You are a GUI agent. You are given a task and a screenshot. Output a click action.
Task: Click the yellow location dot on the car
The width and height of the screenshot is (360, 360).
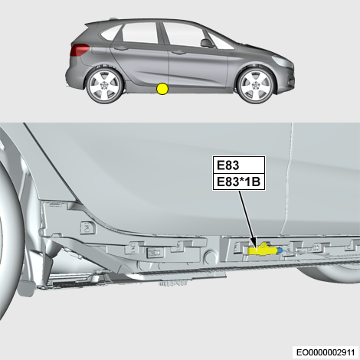[162, 89]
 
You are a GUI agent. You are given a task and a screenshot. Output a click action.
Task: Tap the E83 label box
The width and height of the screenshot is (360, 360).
[239, 165]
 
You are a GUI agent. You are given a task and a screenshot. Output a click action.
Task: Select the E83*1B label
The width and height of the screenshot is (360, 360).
[239, 182]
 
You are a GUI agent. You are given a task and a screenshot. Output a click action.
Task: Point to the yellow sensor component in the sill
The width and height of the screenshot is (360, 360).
[263, 250]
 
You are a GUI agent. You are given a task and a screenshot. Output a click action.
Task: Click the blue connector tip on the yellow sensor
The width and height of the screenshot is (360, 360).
[280, 250]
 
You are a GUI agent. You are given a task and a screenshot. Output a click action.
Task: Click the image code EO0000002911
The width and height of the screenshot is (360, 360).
[326, 352]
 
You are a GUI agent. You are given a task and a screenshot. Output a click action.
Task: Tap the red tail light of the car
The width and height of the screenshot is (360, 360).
[80, 50]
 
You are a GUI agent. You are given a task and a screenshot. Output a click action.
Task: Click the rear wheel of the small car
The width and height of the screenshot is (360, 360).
[105, 86]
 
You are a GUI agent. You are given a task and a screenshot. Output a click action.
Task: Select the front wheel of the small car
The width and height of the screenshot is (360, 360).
[256, 86]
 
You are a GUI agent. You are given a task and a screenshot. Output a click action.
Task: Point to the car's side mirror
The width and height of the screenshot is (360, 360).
[207, 43]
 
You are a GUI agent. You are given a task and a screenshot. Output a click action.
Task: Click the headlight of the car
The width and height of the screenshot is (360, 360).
[280, 61]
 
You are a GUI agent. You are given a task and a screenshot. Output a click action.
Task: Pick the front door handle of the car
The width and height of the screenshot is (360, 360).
[178, 53]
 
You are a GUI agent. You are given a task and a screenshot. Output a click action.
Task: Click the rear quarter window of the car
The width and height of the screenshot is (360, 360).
[110, 33]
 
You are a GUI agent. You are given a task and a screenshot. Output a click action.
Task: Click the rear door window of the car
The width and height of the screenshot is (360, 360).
[140, 32]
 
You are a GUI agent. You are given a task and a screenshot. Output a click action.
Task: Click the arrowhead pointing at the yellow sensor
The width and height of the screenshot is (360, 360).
[254, 243]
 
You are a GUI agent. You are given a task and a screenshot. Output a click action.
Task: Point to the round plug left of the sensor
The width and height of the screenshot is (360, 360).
[211, 257]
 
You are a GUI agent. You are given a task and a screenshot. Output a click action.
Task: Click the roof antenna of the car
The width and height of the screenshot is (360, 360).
[113, 18]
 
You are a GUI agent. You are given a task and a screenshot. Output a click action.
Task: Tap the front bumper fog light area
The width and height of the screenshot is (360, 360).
[290, 82]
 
